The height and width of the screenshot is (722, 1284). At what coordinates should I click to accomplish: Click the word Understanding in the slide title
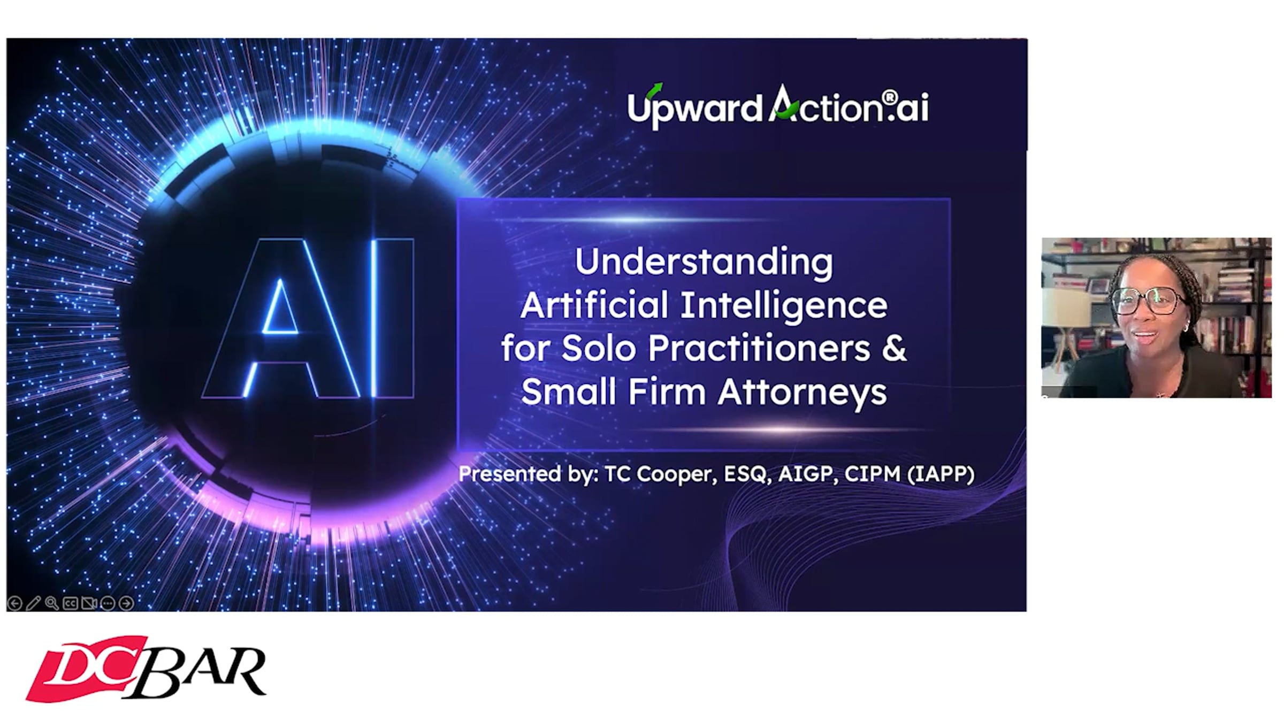[x=704, y=263]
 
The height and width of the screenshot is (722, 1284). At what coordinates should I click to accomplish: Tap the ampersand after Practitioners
[x=892, y=348]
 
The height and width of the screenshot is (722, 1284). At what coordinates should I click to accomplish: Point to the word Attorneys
[x=802, y=392]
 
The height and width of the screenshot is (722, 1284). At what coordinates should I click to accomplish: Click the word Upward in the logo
[x=694, y=107]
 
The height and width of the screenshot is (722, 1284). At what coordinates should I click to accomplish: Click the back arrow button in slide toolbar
[x=15, y=603]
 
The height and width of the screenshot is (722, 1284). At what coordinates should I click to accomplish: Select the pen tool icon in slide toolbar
[x=33, y=603]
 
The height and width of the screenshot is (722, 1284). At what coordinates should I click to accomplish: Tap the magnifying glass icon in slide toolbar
[x=52, y=603]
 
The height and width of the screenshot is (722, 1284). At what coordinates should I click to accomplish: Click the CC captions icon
[x=70, y=603]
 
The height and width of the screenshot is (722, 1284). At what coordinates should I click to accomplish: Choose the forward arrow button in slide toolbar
[x=126, y=603]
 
